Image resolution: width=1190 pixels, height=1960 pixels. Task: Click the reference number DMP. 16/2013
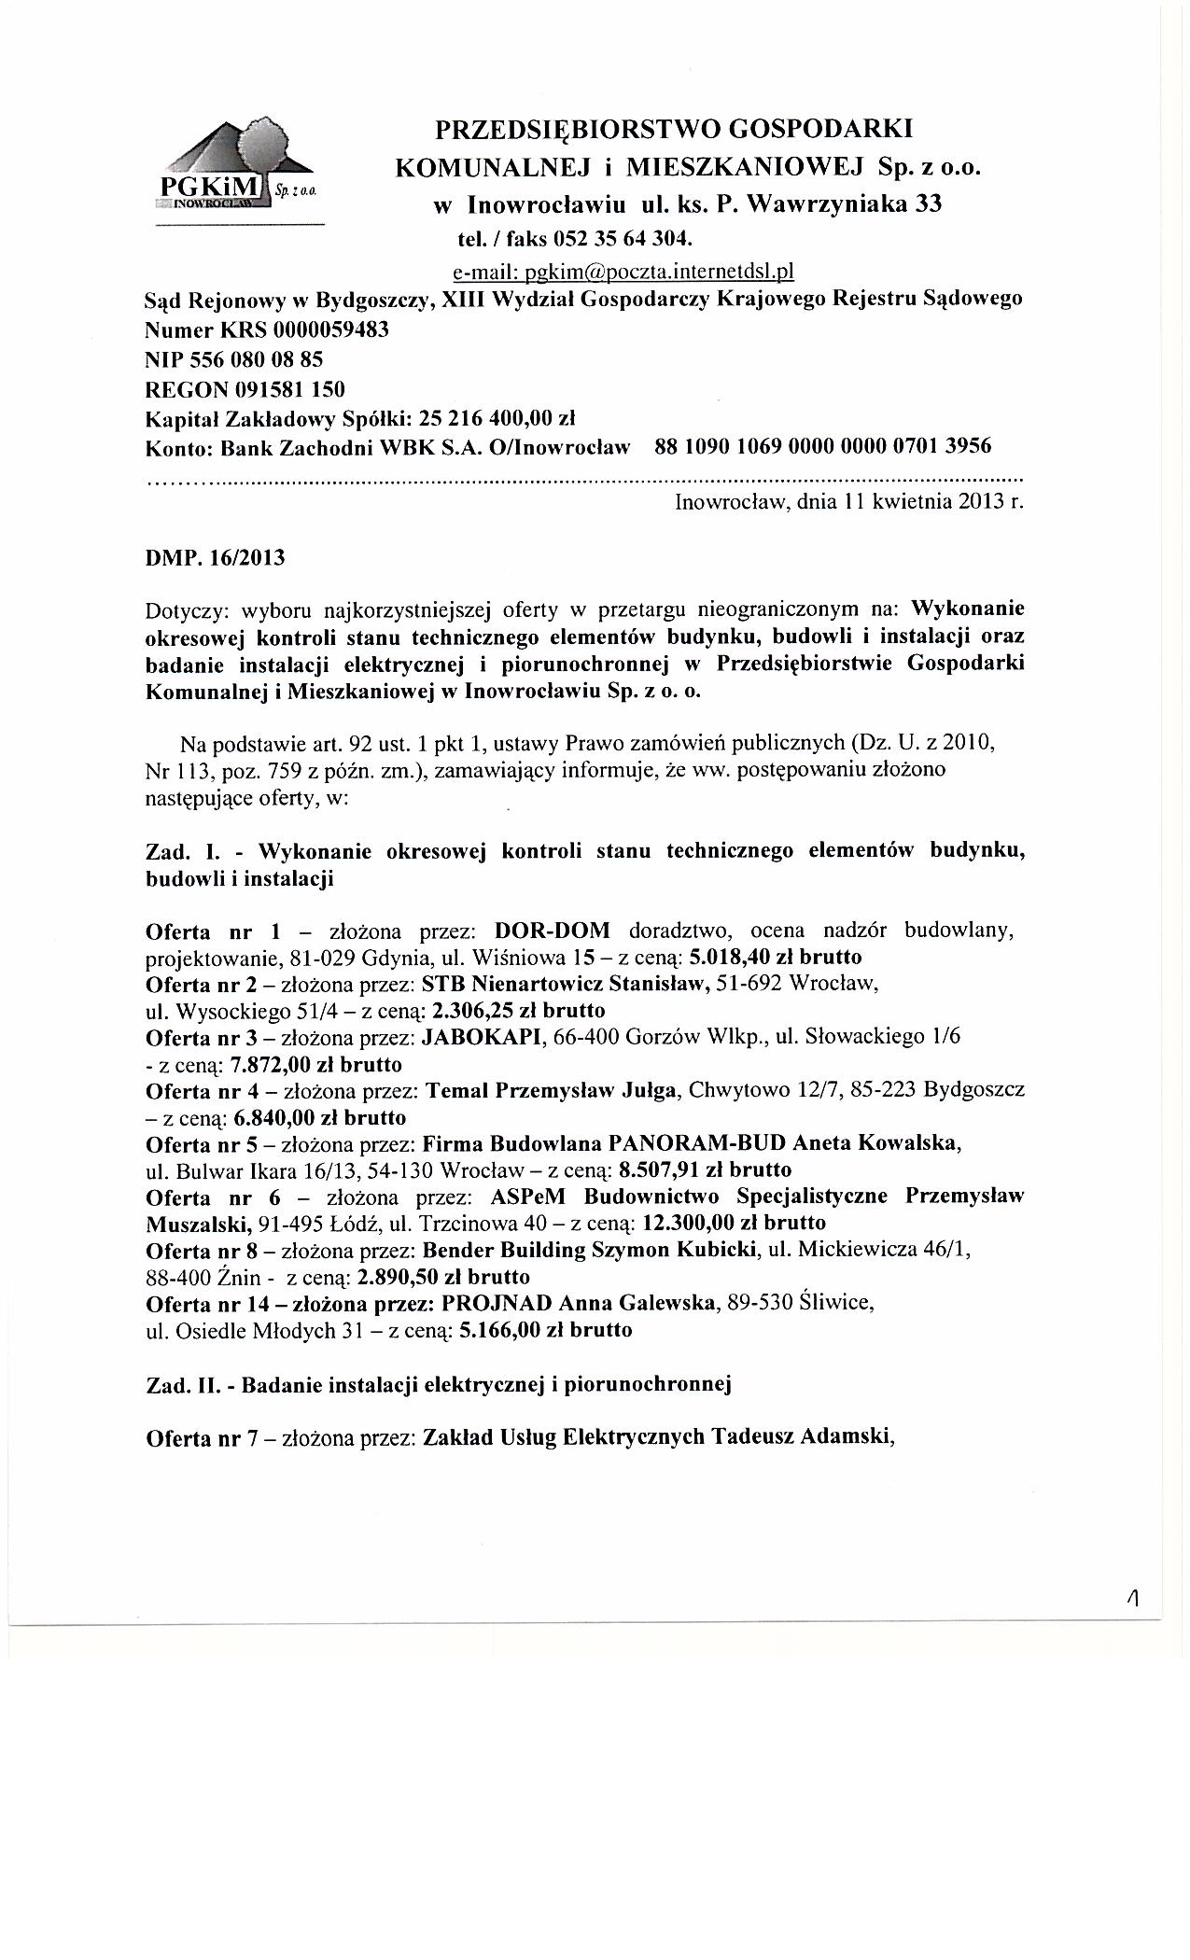(216, 559)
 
